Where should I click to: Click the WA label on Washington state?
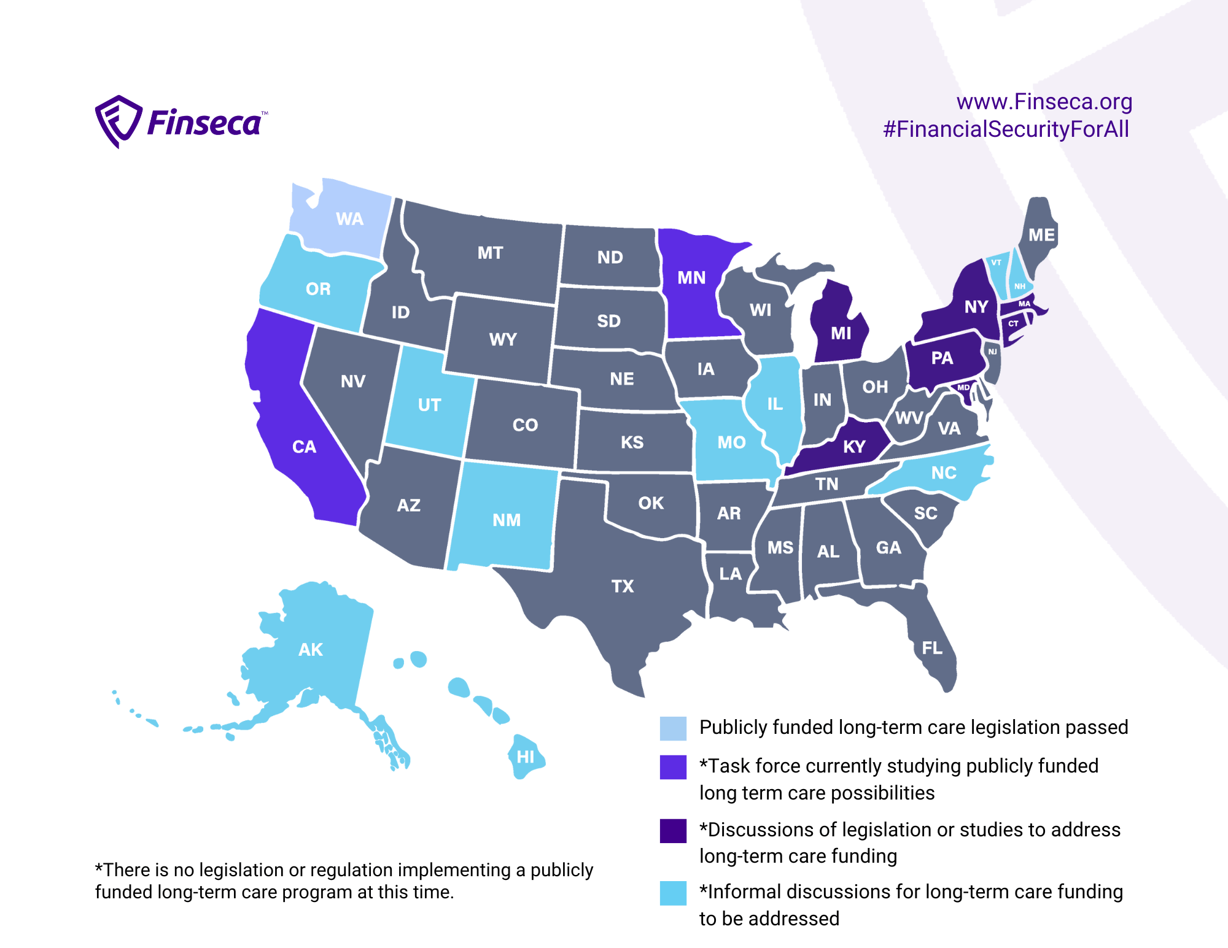tap(349, 219)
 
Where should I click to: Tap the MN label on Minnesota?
tap(691, 278)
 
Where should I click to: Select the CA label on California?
tap(304, 447)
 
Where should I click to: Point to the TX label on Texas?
tap(623, 587)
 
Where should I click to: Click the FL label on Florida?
tap(932, 648)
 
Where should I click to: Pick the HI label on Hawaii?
tap(526, 757)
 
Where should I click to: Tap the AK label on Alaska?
tap(311, 650)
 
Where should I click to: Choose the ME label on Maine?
tap(1041, 235)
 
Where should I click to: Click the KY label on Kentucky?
tap(854, 447)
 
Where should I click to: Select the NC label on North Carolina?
tap(944, 473)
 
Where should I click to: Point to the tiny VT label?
tap(996, 263)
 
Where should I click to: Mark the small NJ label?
tap(992, 352)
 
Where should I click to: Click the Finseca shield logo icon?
tap(118, 121)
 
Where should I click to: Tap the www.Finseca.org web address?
tap(1044, 102)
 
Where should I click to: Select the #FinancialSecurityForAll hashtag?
tap(1006, 129)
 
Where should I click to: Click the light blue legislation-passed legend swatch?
tap(673, 728)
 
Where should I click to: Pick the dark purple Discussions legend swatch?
tap(673, 831)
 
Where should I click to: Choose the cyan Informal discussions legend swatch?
tap(673, 893)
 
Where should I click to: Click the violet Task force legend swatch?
tap(673, 767)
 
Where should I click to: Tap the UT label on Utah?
tap(429, 405)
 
